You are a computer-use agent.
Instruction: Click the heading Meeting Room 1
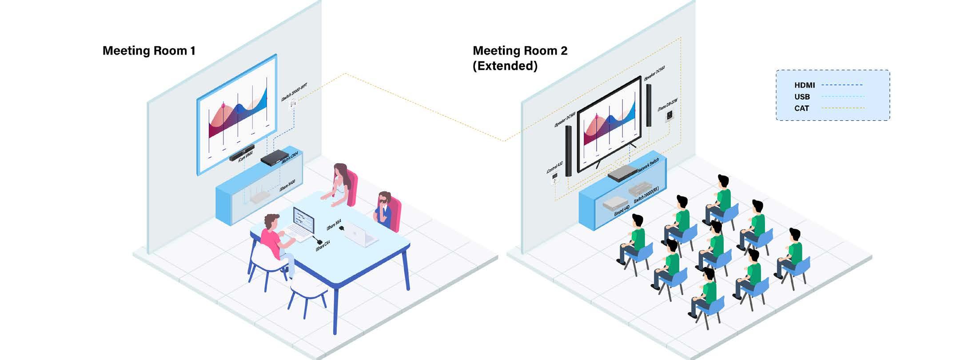pos(149,51)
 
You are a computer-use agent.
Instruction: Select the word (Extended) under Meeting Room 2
pos(505,66)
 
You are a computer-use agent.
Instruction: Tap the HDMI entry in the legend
pos(805,85)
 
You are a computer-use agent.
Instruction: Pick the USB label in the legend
pos(802,96)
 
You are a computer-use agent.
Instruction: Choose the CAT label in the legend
pos(801,108)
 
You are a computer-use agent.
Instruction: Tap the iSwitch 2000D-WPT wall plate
pos(293,104)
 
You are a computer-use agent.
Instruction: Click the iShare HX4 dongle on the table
pos(341,228)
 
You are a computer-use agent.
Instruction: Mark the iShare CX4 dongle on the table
pos(319,241)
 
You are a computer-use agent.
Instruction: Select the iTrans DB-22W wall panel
pos(669,116)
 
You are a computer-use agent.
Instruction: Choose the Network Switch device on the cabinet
pos(622,172)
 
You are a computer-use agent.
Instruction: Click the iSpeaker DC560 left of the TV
pos(569,151)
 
